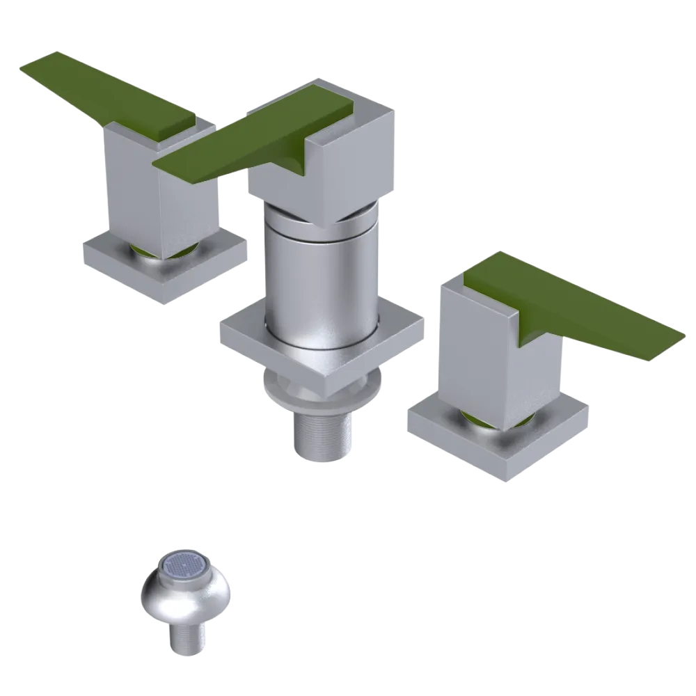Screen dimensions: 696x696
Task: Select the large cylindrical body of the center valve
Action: pyautogui.click(x=320, y=278)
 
